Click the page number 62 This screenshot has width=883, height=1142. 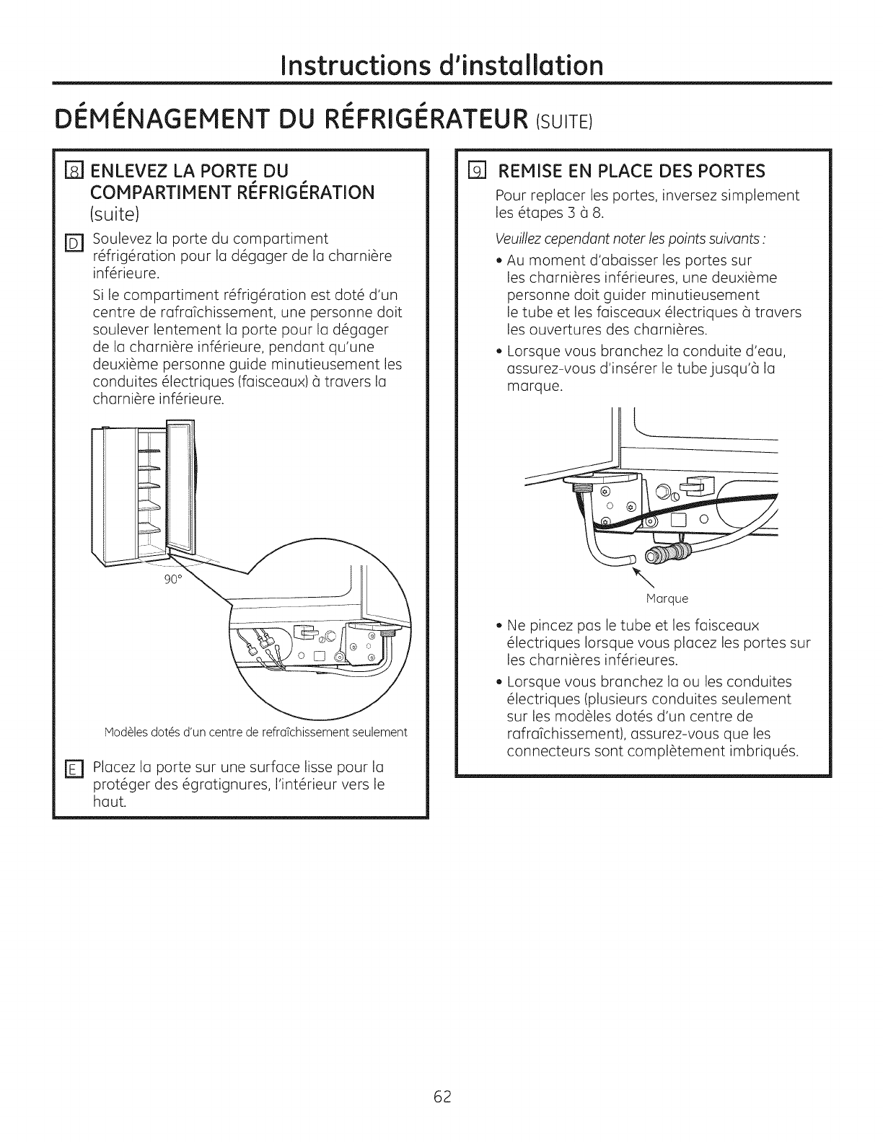(x=442, y=1097)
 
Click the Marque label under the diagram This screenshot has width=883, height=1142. (x=667, y=598)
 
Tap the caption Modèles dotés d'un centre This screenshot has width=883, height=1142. (x=256, y=732)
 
